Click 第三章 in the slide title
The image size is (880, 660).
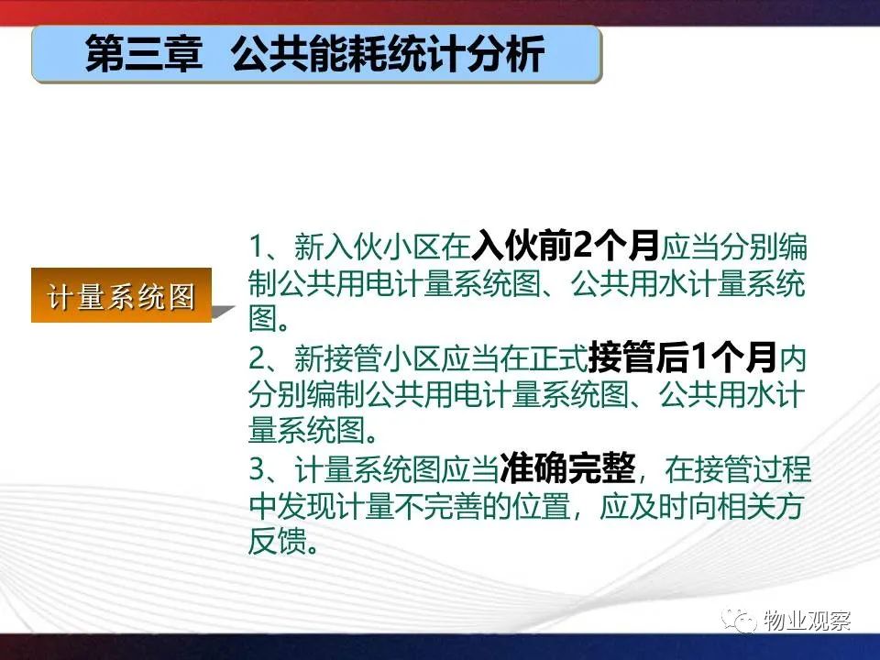(x=144, y=54)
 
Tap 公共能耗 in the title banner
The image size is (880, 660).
(x=309, y=54)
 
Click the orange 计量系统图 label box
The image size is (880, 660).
(x=121, y=295)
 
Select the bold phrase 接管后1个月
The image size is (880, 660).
(x=682, y=357)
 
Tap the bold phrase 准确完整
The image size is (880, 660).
(x=567, y=468)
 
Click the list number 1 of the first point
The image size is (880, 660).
(x=257, y=247)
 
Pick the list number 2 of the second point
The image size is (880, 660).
(x=257, y=358)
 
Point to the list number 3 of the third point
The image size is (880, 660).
(x=257, y=468)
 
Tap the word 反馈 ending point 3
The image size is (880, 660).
(x=277, y=541)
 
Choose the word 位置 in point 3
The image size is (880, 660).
(x=541, y=506)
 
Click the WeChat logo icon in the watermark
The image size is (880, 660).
(x=740, y=621)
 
